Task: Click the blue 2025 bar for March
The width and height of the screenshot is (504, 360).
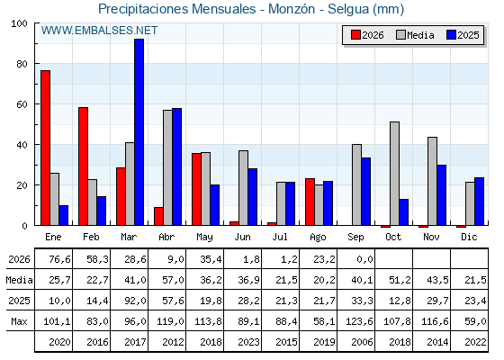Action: click(x=139, y=132)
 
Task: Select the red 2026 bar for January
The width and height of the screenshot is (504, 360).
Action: click(x=45, y=148)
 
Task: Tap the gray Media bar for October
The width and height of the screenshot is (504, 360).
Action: click(x=395, y=174)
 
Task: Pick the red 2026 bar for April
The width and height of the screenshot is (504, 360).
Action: click(x=158, y=216)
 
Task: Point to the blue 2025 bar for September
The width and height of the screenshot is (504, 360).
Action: click(x=365, y=192)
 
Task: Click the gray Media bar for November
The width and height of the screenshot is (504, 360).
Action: click(x=432, y=181)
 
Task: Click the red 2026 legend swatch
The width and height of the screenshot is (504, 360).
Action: click(x=355, y=35)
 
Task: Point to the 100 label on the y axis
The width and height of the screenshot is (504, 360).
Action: click(x=19, y=23)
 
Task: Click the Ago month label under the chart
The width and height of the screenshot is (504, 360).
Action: click(x=318, y=238)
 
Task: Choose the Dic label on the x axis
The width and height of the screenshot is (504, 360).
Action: click(x=469, y=237)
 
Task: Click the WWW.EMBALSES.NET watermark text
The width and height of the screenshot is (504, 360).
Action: click(x=99, y=31)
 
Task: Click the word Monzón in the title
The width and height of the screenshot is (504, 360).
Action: click(x=292, y=9)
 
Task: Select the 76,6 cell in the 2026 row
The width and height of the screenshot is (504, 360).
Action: click(x=59, y=259)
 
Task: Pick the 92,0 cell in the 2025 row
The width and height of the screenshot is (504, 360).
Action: click(x=135, y=301)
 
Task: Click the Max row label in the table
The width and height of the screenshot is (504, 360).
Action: click(x=19, y=321)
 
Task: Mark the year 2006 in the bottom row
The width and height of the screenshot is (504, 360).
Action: click(x=362, y=342)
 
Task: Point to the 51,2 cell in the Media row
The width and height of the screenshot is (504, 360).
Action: click(x=400, y=280)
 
